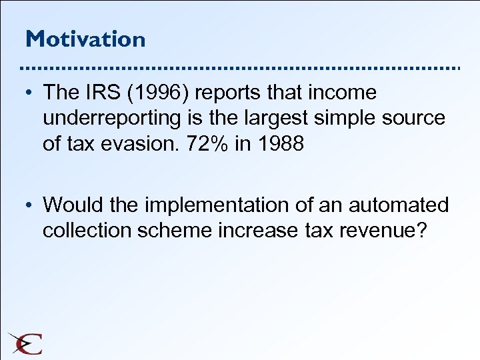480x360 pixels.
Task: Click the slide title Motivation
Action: click(85, 39)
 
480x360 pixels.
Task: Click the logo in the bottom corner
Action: click(25, 343)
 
